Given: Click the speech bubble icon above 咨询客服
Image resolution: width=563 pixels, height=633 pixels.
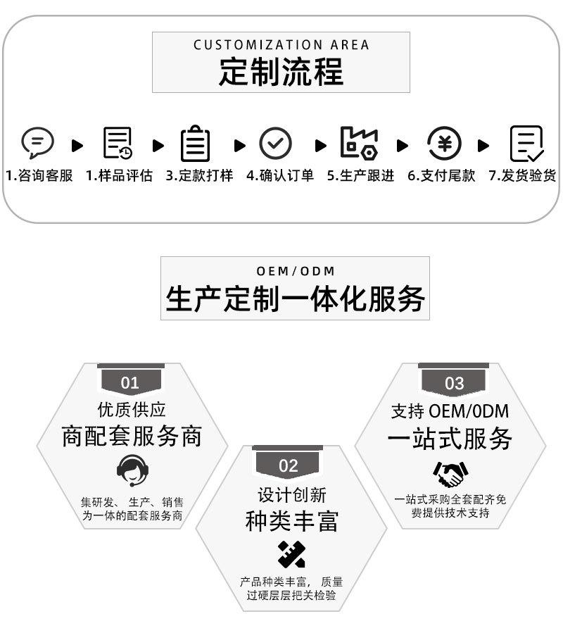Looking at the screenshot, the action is pyautogui.click(x=37, y=143).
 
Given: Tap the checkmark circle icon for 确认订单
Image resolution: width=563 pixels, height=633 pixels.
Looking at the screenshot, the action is pyautogui.click(x=275, y=144).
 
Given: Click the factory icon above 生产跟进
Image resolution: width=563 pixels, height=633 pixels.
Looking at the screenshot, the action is pyautogui.click(x=359, y=143).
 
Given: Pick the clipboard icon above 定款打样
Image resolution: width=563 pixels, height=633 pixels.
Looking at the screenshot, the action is pyautogui.click(x=195, y=143).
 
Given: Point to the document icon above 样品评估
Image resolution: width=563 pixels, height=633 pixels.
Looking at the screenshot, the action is pyautogui.click(x=118, y=143).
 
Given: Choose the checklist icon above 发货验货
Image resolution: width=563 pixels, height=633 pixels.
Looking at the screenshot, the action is pyautogui.click(x=526, y=144).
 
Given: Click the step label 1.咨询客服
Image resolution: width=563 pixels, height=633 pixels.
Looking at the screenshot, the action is pyautogui.click(x=39, y=176).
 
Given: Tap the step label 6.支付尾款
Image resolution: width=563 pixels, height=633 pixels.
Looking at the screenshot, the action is pyautogui.click(x=441, y=176).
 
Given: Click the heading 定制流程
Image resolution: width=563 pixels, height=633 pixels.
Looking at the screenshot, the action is pyautogui.click(x=281, y=71).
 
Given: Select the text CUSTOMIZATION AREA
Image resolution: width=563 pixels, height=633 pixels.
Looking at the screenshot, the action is pyautogui.click(x=281, y=45).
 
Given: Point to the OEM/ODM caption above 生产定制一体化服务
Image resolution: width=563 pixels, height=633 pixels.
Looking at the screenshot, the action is pyautogui.click(x=296, y=271).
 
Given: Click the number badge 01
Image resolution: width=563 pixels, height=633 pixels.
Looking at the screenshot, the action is pyautogui.click(x=130, y=382).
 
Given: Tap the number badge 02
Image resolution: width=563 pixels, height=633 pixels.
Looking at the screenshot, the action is pyautogui.click(x=288, y=465).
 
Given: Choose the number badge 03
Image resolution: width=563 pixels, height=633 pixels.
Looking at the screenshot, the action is pyautogui.click(x=455, y=383).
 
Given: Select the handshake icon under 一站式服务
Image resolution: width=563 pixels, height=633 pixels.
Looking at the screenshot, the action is pyautogui.click(x=450, y=474).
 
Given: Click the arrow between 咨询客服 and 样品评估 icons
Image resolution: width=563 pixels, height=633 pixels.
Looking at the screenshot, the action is pyautogui.click(x=77, y=146).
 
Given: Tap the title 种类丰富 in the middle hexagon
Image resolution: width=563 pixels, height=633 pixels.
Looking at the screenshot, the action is pyautogui.click(x=291, y=521).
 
